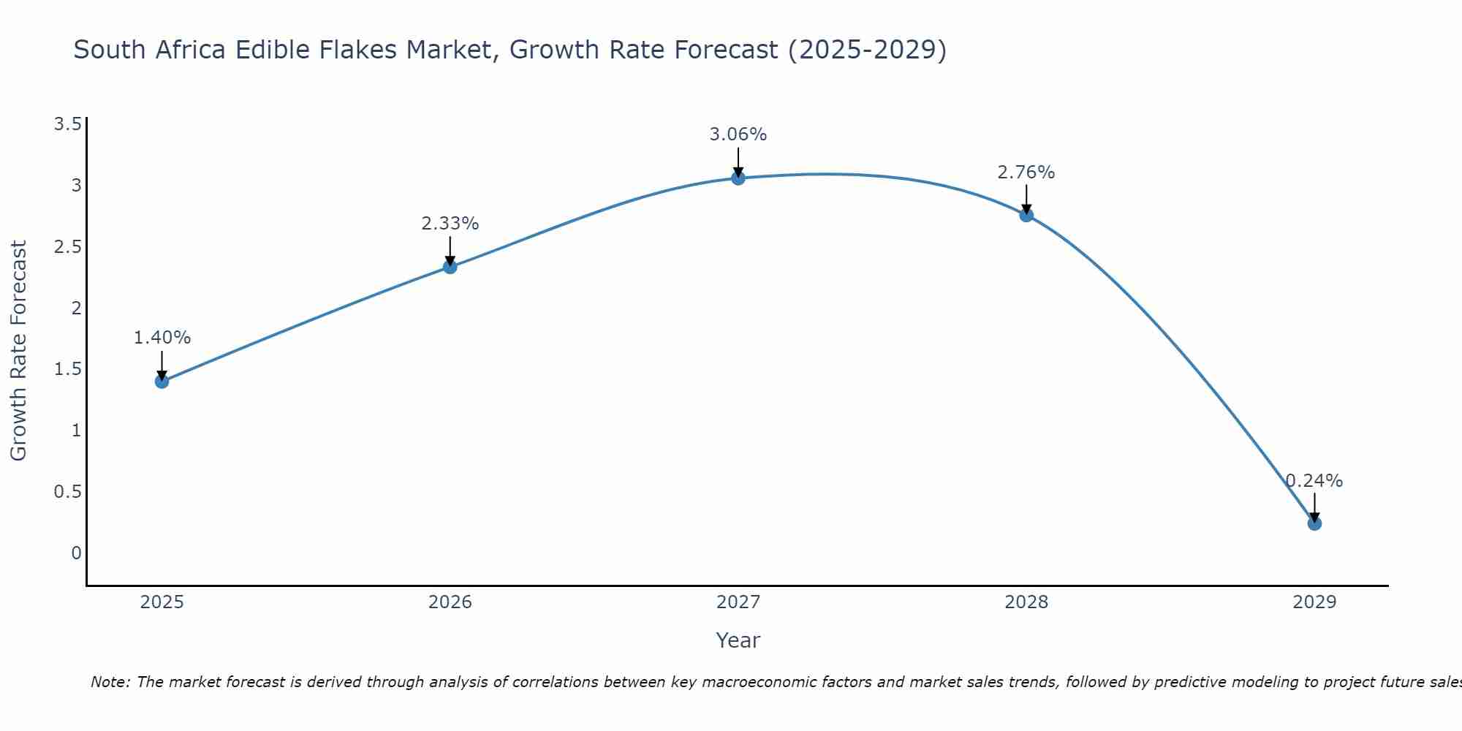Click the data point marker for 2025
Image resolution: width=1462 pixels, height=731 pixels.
(x=162, y=381)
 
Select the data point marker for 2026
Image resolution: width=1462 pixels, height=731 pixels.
(x=450, y=267)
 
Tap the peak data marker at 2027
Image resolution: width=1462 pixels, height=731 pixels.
(x=738, y=178)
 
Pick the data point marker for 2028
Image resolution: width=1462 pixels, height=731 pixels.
(x=1026, y=215)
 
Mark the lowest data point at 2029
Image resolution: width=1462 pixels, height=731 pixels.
(x=1314, y=523)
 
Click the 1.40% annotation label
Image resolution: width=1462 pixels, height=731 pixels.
(x=162, y=338)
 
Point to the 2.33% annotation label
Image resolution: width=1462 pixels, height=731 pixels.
(x=450, y=224)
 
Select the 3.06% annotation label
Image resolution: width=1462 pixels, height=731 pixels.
(x=738, y=135)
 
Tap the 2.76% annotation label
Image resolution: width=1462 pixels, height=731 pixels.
(x=1026, y=173)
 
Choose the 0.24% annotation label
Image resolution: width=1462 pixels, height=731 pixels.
(x=1314, y=481)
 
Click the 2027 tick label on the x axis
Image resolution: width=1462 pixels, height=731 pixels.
(x=738, y=602)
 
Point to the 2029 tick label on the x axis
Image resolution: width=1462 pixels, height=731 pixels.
(x=1314, y=602)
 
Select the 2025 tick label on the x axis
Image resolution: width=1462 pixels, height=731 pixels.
(x=162, y=602)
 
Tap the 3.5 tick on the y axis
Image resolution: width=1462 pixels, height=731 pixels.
(x=67, y=124)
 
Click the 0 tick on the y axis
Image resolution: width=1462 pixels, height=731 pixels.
(x=76, y=553)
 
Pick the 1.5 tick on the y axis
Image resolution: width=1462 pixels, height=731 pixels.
(x=67, y=369)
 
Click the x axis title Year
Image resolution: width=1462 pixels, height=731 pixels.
(x=738, y=640)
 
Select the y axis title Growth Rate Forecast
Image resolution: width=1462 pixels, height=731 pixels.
(x=18, y=351)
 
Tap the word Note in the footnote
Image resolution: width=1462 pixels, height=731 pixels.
(x=110, y=682)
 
